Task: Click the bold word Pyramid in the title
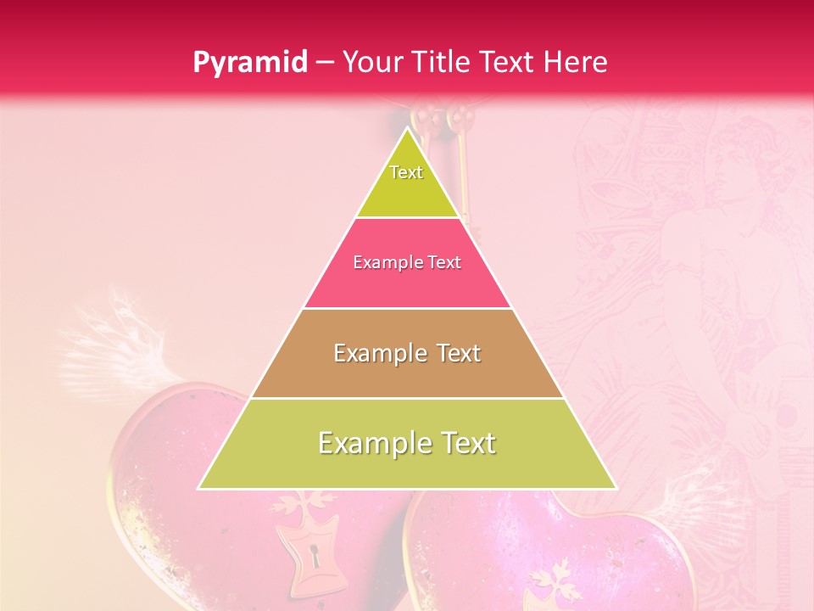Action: (250, 62)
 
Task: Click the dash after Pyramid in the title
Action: (324, 63)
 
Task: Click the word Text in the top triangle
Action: (406, 172)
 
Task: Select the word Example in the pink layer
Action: (383, 262)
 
